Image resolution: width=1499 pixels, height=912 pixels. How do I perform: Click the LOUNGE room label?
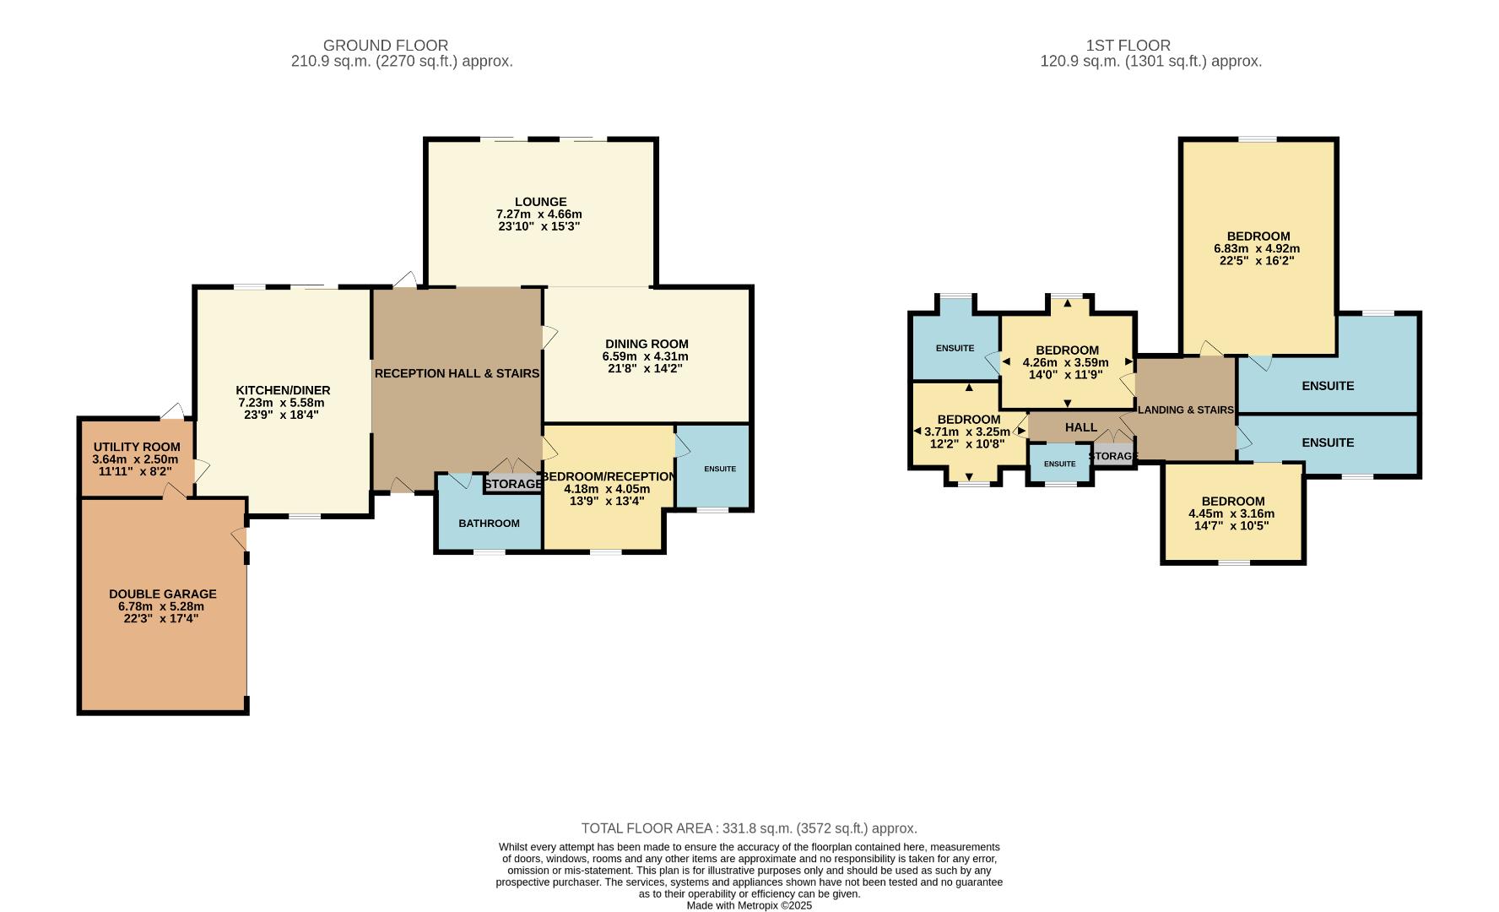click(541, 202)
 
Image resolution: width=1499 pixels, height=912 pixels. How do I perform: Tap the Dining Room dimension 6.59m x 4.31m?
click(647, 356)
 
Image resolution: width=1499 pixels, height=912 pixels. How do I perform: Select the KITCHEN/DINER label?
click(283, 390)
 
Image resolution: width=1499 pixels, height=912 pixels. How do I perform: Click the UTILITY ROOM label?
click(137, 447)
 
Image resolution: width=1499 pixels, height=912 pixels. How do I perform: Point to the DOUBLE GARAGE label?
click(162, 594)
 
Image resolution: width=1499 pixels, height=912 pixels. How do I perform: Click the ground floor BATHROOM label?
click(489, 524)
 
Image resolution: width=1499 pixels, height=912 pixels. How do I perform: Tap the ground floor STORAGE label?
click(513, 484)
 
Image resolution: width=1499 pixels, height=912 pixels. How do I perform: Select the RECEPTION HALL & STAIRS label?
click(457, 373)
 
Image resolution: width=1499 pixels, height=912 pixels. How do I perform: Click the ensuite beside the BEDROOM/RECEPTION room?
click(719, 469)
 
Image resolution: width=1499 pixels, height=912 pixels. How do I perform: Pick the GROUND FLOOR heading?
click(386, 46)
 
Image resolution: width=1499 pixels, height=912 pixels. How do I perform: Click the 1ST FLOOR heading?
click(1128, 46)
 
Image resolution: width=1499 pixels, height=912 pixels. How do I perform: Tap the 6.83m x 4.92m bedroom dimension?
click(1257, 248)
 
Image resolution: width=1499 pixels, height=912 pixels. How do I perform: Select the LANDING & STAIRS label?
click(1186, 410)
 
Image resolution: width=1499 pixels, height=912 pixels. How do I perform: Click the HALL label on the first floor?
click(1080, 427)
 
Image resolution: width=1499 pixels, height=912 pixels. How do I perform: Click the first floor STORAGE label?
click(1113, 456)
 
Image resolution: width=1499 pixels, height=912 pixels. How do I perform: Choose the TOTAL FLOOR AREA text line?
click(749, 828)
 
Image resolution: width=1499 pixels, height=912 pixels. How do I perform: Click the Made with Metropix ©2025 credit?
click(749, 905)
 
